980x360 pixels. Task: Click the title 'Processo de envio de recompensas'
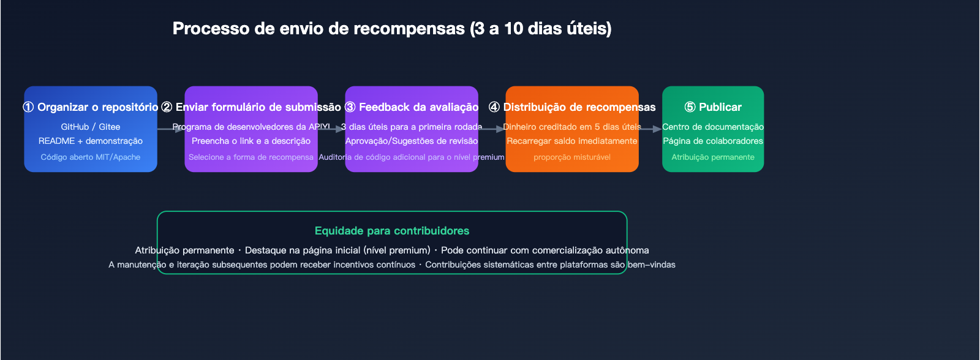319,29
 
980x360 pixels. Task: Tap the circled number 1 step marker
28,107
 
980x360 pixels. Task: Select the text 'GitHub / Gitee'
91,127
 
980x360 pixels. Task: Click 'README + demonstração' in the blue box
91,141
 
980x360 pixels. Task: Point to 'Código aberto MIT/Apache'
91,157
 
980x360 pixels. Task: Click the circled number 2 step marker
167,107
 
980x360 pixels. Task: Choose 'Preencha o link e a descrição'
251,141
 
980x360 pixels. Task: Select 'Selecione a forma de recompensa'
251,157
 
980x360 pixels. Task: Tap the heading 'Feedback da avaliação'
419,107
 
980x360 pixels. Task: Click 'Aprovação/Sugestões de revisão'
412,141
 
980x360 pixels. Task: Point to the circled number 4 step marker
494,107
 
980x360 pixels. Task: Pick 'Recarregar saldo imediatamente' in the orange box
572,141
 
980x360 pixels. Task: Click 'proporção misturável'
572,157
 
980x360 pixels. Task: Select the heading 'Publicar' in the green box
720,107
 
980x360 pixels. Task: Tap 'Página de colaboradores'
713,141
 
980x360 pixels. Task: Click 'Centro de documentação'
713,127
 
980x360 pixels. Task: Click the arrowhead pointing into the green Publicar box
657,129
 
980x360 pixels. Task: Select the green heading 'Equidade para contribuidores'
392,231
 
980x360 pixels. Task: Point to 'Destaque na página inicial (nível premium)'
337,250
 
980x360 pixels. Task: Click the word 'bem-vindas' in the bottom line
652,264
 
